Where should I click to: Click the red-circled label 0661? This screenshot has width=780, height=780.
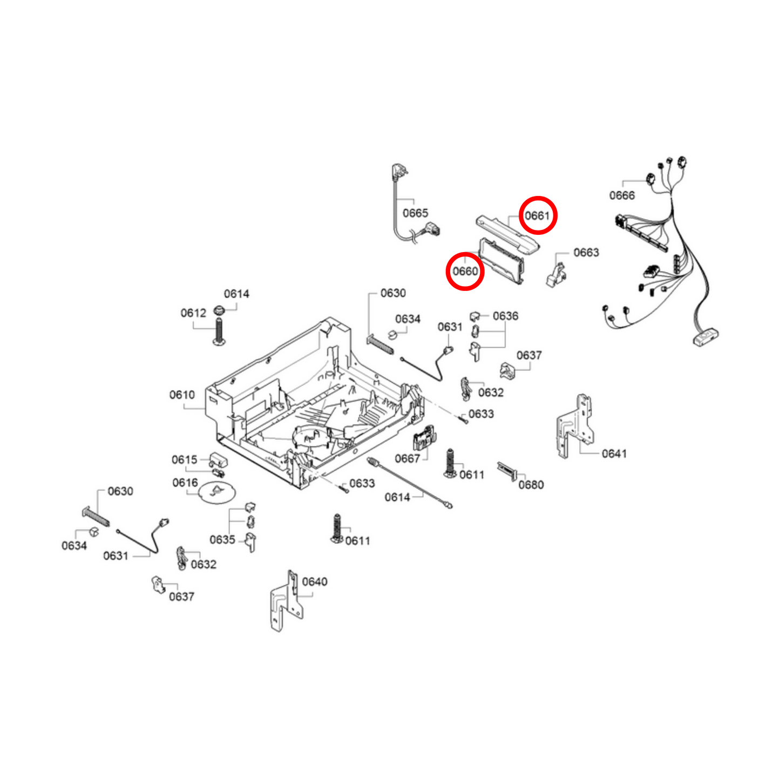pyautogui.click(x=537, y=215)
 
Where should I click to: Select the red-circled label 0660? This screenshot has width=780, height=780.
pyautogui.click(x=465, y=271)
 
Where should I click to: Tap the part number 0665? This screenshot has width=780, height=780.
pyautogui.click(x=415, y=213)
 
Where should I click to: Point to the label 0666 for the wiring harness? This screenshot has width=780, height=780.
pyautogui.click(x=622, y=195)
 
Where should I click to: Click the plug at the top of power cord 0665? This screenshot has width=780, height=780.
pyautogui.click(x=400, y=173)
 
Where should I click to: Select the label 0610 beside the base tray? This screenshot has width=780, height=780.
pyautogui.click(x=182, y=395)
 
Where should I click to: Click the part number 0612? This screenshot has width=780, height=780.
pyautogui.click(x=193, y=313)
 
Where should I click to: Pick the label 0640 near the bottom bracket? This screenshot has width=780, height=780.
pyautogui.click(x=315, y=581)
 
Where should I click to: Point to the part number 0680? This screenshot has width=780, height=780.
pyautogui.click(x=531, y=485)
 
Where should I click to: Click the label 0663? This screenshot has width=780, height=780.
pyautogui.click(x=586, y=253)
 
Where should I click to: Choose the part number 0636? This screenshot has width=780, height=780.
pyautogui.click(x=505, y=316)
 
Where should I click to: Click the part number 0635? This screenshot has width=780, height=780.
pyautogui.click(x=222, y=540)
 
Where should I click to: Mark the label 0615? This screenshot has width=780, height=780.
pyautogui.click(x=185, y=460)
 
